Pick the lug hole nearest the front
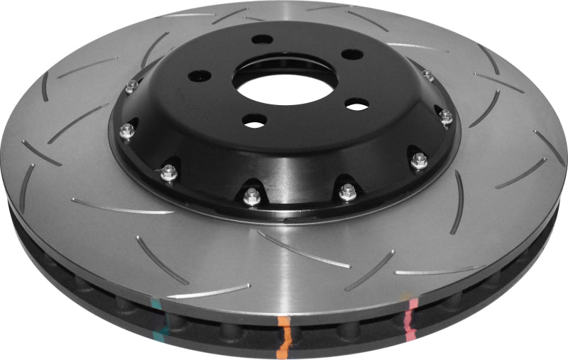pos(253,121)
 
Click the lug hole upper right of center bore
pos(349,55)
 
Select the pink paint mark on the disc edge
pos(412,313)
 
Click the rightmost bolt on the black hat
pos(446,116)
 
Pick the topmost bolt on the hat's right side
pos(427,75)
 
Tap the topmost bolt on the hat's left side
pos(131,87)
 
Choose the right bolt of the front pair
pos(346,190)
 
